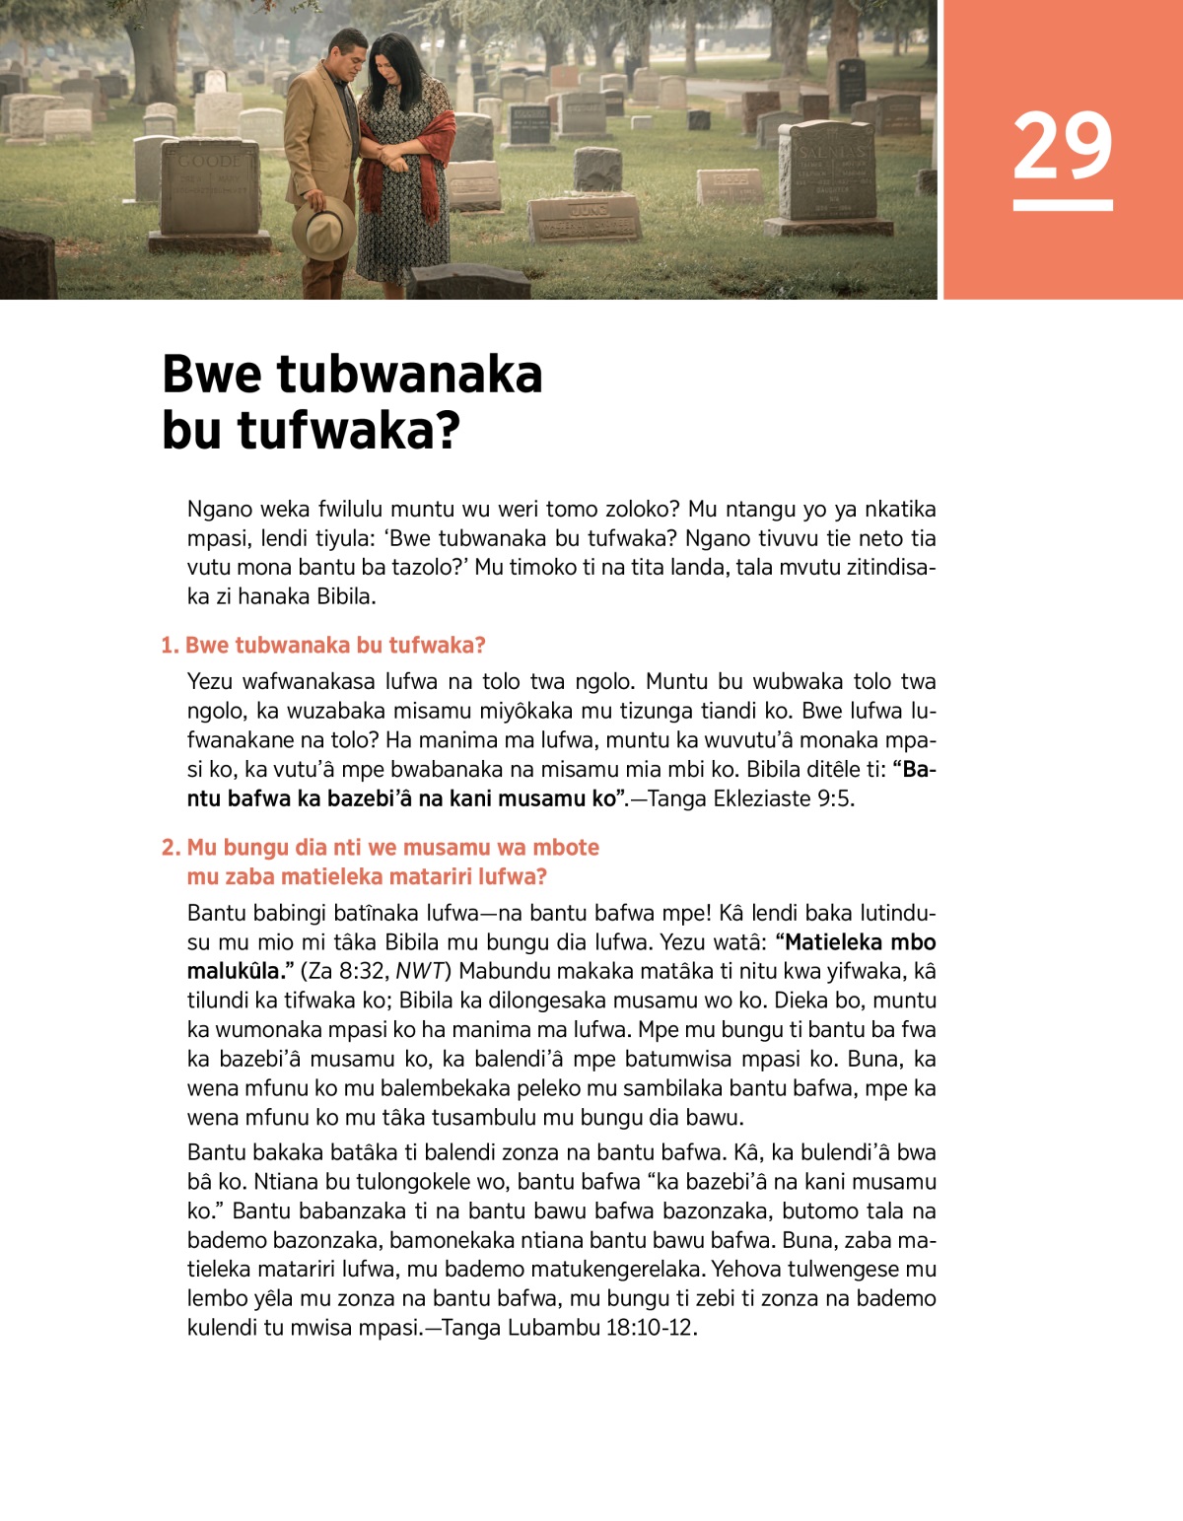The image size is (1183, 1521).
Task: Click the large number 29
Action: (x=1062, y=146)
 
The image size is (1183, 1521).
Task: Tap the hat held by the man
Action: (x=322, y=228)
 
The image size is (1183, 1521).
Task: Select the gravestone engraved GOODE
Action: (x=210, y=187)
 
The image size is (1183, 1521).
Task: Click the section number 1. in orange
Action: (x=171, y=646)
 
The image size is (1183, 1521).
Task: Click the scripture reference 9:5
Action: (x=834, y=798)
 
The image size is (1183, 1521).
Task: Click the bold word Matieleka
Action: (x=834, y=942)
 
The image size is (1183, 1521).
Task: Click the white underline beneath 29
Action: (x=1063, y=205)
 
